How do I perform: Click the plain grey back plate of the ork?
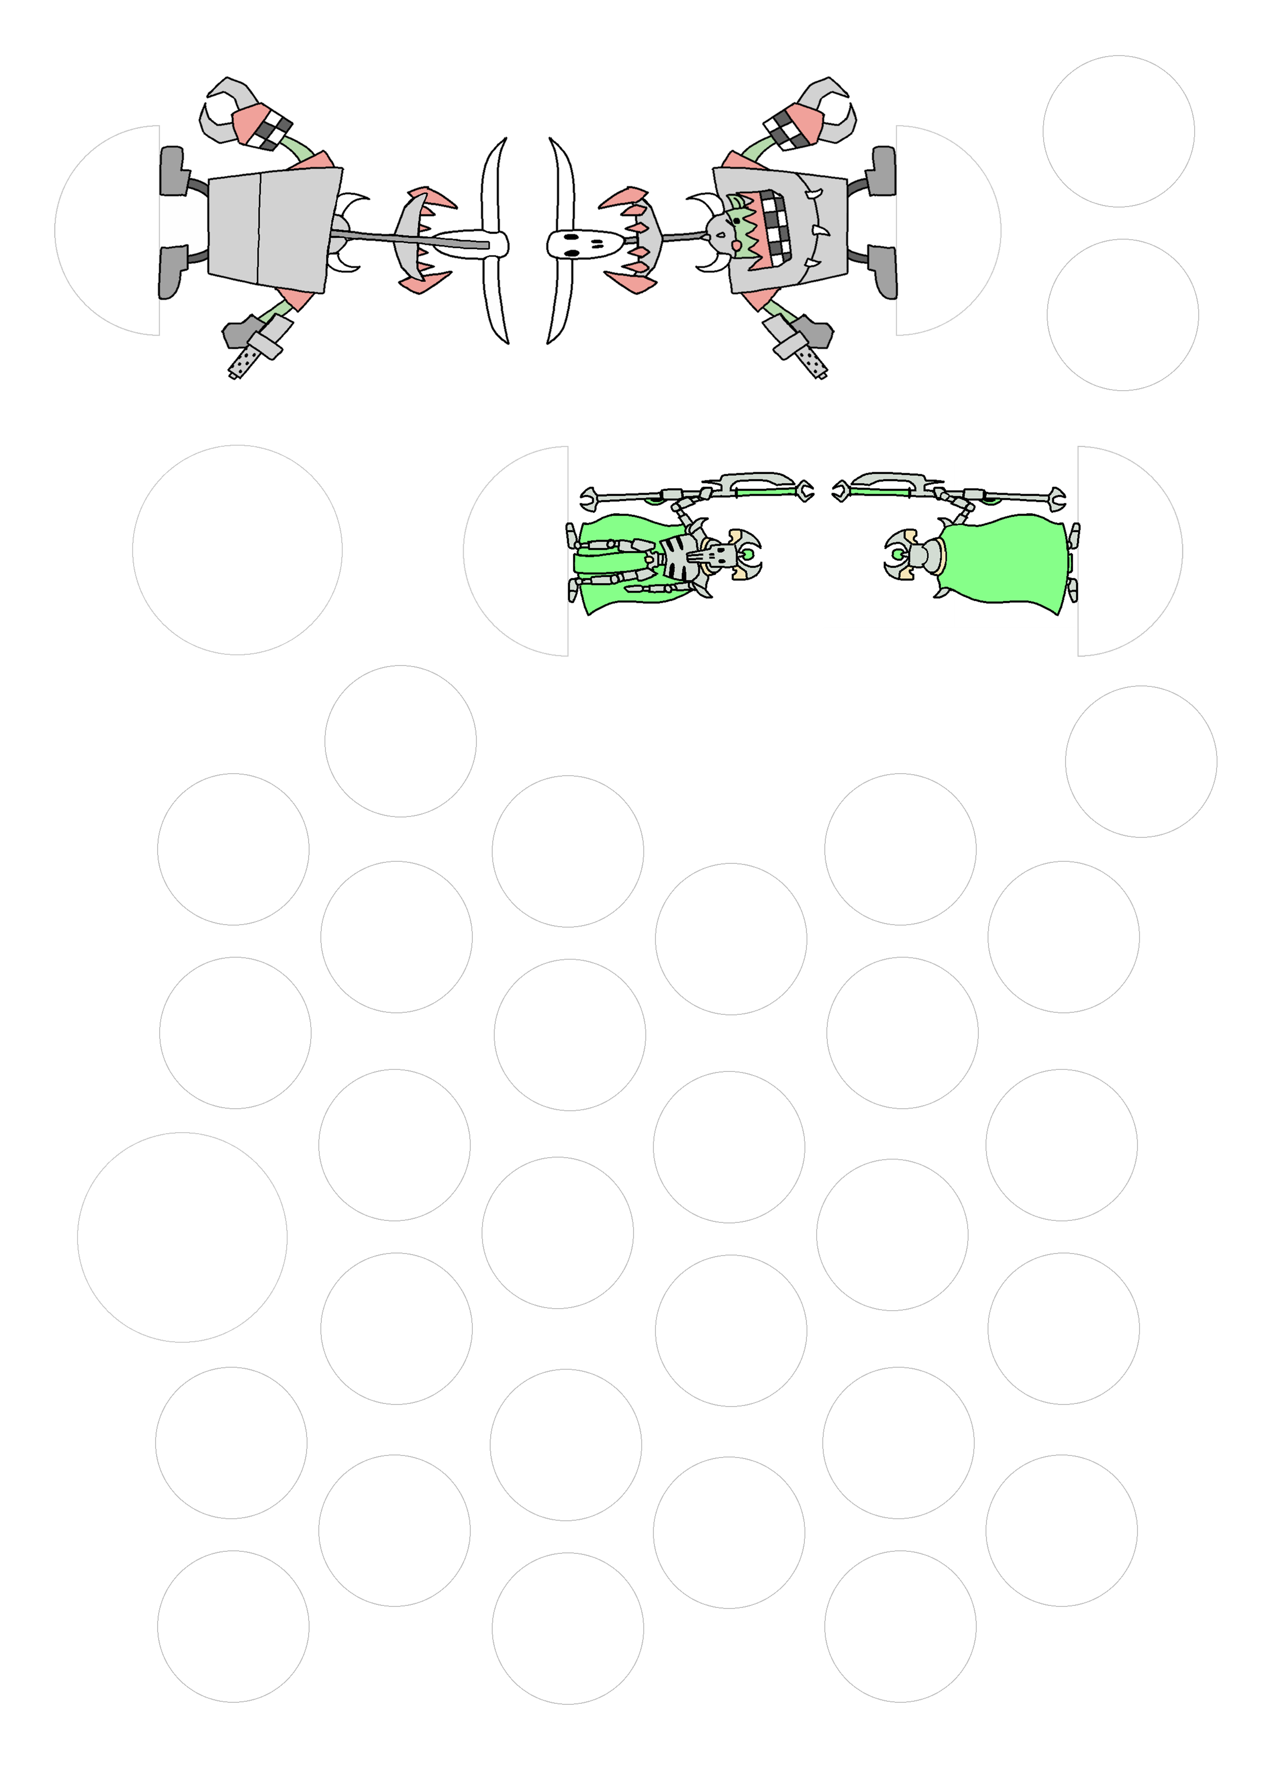click(x=269, y=230)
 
